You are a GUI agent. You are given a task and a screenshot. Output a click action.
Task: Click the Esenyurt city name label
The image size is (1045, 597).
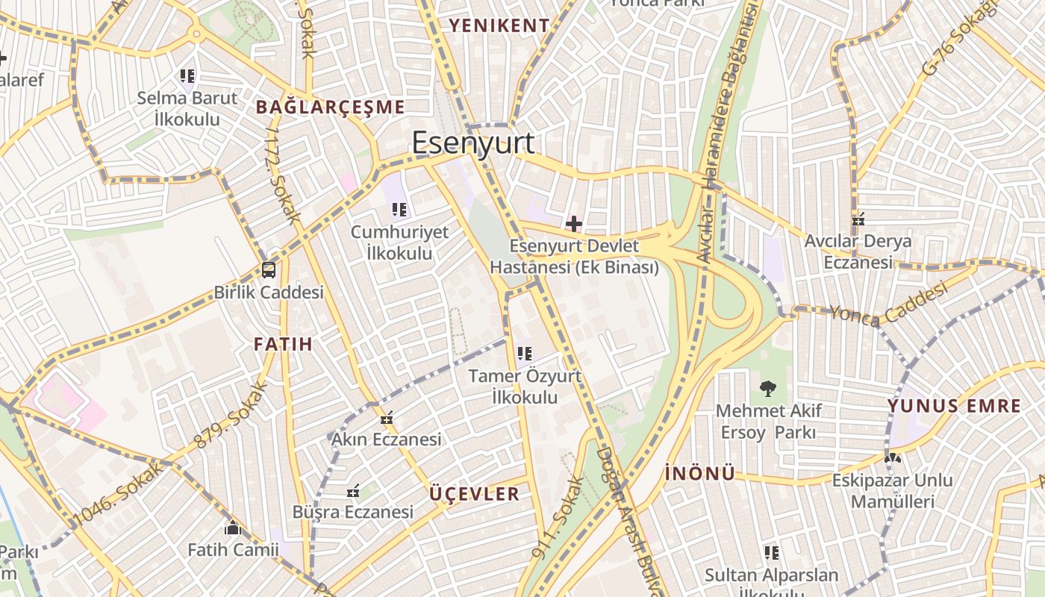click(x=473, y=143)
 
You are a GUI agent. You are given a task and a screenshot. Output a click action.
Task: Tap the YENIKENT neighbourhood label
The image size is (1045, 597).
click(x=499, y=25)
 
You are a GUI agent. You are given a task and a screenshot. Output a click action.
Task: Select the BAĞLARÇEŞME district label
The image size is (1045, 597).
click(x=330, y=107)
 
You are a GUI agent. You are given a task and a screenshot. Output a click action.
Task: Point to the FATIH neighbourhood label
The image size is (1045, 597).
click(x=283, y=344)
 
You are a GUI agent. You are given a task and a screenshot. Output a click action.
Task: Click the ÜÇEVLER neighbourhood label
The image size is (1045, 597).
click(x=475, y=493)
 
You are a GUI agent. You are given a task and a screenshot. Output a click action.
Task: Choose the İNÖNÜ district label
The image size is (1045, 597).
click(x=699, y=472)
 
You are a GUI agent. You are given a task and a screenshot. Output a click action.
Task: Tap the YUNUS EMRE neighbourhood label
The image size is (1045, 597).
click(x=954, y=406)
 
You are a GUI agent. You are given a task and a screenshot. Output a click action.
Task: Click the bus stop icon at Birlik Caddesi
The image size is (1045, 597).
click(x=268, y=270)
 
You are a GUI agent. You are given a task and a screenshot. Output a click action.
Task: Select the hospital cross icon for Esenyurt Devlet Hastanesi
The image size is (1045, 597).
click(x=573, y=223)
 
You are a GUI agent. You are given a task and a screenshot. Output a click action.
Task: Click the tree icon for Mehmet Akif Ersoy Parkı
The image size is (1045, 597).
click(x=767, y=388)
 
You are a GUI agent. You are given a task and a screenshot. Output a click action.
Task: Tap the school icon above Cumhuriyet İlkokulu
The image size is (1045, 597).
click(x=399, y=210)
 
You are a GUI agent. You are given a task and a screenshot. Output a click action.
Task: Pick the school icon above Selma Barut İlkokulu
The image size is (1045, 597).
click(x=187, y=75)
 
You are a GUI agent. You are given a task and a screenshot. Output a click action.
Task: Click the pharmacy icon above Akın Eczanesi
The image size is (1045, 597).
click(x=386, y=419)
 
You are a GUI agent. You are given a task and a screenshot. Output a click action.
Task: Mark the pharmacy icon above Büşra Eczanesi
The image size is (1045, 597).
click(x=353, y=491)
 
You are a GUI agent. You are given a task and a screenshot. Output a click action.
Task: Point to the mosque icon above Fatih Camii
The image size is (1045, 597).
click(x=233, y=528)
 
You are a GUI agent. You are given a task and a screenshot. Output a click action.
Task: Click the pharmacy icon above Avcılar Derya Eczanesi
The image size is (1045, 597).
click(x=858, y=219)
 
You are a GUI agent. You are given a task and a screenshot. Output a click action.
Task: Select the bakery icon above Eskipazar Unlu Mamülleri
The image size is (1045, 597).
click(x=892, y=457)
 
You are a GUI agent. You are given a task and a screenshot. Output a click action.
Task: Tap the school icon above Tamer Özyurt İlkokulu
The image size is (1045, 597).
click(x=524, y=354)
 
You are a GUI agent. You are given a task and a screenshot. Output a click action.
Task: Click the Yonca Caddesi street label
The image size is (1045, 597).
click(x=888, y=306)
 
